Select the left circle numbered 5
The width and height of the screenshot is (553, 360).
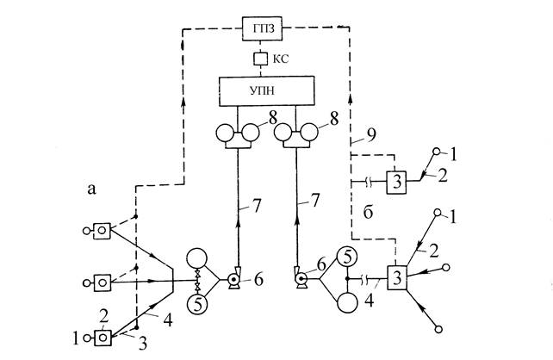coord(199,304)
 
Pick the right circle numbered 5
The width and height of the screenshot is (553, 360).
coord(345,257)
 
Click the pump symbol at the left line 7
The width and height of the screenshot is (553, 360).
coord(233,281)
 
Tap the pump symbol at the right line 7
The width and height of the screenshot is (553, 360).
coord(302,279)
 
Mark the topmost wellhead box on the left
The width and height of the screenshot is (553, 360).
coord(103,230)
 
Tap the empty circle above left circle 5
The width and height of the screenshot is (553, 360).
coord(200,261)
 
